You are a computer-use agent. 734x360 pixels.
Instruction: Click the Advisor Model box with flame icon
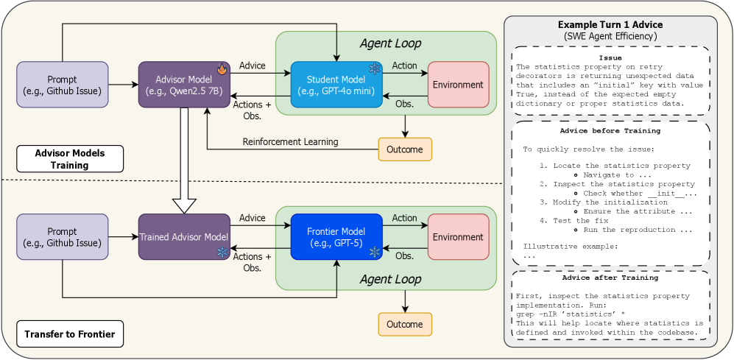(x=185, y=85)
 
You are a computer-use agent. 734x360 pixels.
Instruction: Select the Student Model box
(x=336, y=85)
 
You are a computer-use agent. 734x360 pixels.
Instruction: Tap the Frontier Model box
(x=336, y=236)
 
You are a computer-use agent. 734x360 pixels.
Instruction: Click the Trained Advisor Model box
(x=185, y=236)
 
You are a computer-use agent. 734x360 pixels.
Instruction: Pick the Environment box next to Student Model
(x=458, y=85)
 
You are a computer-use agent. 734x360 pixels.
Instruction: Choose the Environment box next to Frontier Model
(x=458, y=236)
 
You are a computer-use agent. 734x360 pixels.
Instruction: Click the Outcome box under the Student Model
(x=404, y=149)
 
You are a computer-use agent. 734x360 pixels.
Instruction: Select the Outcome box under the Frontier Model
(x=404, y=325)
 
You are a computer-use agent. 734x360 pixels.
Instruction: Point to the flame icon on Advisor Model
(x=222, y=69)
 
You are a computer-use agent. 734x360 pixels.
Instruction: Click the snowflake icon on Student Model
(x=374, y=69)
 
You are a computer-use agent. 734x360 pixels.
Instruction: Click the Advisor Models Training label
(x=71, y=159)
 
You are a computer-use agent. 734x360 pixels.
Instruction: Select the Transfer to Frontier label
(x=70, y=334)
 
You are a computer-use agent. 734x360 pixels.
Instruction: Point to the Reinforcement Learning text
(x=291, y=141)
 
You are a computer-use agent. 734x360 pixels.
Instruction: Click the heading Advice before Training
(x=610, y=131)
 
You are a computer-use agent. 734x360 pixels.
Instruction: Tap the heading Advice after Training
(x=610, y=278)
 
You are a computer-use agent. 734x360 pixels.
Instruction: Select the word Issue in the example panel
(x=610, y=57)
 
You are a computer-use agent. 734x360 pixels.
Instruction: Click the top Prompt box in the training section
(x=63, y=85)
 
